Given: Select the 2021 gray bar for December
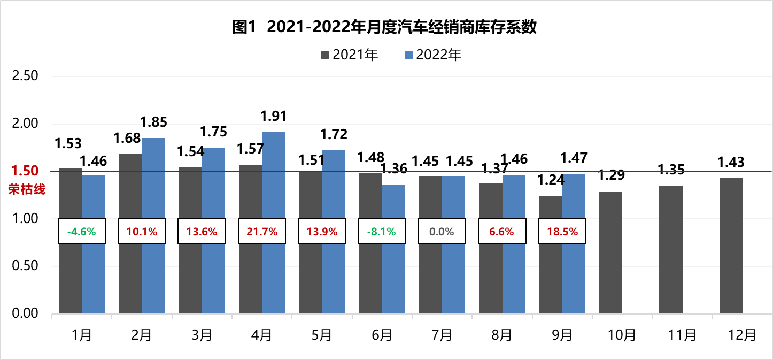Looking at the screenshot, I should pos(731,246).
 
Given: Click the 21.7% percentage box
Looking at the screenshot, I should pos(262,232).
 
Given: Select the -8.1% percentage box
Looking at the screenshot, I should pos(382,232).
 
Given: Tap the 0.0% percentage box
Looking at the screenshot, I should pos(442,232).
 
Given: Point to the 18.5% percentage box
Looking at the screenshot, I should pos(562,232).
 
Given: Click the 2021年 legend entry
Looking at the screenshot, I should pos(350,55).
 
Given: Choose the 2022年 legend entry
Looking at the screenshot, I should pos(433,55).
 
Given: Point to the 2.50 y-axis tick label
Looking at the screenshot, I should pos(25,76).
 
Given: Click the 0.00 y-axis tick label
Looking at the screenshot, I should pos(25,313).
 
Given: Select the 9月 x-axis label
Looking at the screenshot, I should pos(562,335).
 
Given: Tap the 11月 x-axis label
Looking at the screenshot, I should pos(682,335).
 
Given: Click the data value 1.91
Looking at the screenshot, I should pos(274,116).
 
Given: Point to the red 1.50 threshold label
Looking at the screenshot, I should pos(25,171).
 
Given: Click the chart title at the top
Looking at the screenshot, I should pos(384,27).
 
